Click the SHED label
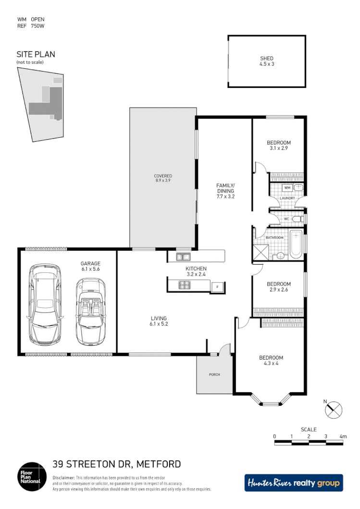(267, 59)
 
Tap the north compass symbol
(334, 410)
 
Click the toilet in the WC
(298, 219)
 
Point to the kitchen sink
(183, 256)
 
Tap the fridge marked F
(218, 287)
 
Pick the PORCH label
(214, 375)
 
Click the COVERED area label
(163, 176)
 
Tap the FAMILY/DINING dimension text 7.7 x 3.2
(225, 196)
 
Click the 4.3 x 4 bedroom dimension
(271, 364)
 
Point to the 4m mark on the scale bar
(343, 436)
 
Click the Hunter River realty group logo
(294, 483)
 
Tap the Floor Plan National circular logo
(32, 477)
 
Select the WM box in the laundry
(287, 187)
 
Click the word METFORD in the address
(159, 464)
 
